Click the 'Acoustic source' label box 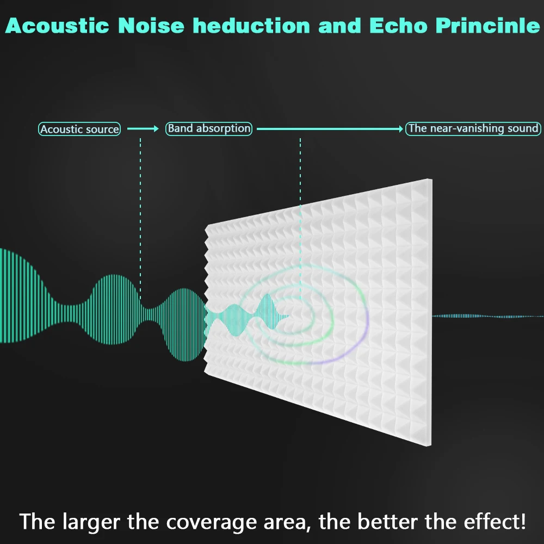tap(79, 129)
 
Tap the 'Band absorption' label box tap(209, 129)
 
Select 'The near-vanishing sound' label tap(473, 129)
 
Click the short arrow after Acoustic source tap(143, 129)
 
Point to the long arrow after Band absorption tap(330, 129)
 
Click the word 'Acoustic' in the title tap(57, 26)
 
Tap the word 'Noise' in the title tap(151, 26)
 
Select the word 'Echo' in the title tap(398, 26)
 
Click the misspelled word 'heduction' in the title tap(251, 26)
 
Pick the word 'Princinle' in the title tap(488, 26)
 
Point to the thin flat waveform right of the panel tap(488, 316)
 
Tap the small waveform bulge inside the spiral tap(268, 312)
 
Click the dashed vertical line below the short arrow tap(140, 219)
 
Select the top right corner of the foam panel tap(431, 179)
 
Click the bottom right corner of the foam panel tap(431, 446)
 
